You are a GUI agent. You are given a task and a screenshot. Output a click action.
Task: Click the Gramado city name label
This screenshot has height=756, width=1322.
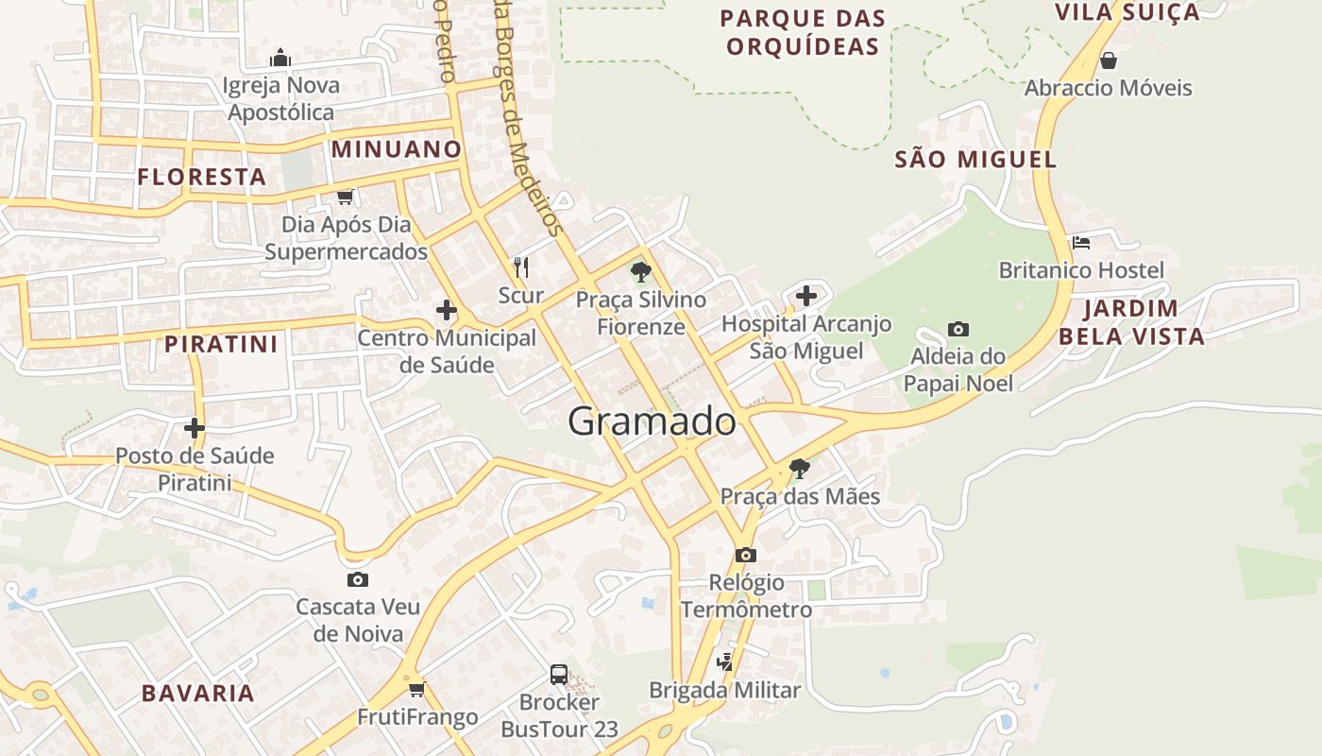point(652,421)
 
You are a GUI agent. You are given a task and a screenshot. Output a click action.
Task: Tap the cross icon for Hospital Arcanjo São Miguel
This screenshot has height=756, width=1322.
point(805,296)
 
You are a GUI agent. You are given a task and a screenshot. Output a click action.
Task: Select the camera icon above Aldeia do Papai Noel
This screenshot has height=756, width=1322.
point(958,329)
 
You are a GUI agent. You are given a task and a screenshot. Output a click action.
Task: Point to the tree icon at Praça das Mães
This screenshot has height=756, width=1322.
point(799,468)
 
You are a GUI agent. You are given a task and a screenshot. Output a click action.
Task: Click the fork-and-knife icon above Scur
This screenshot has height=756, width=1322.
point(520,267)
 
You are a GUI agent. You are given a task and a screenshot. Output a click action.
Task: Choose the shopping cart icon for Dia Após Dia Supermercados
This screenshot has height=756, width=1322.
point(346,197)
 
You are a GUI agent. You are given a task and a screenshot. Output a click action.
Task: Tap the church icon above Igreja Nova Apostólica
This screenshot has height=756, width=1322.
point(280,58)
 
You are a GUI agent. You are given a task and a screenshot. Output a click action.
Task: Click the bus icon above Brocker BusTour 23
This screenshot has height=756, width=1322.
point(559,674)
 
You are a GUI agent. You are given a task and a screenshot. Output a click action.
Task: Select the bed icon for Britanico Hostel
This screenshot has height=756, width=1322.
point(1081,243)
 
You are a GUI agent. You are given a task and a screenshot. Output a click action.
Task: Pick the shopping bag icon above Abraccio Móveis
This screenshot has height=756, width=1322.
point(1109,60)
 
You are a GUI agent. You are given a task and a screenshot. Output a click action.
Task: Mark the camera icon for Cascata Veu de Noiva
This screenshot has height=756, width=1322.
point(357,579)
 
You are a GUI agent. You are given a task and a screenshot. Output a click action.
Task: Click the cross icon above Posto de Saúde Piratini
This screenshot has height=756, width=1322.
point(195,428)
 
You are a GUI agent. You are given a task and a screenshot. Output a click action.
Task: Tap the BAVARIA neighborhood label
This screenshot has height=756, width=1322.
point(198,693)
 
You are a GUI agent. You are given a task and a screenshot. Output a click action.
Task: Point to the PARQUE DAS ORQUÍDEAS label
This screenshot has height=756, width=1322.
point(803,32)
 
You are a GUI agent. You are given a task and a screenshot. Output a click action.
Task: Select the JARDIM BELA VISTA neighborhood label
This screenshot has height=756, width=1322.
point(1131,322)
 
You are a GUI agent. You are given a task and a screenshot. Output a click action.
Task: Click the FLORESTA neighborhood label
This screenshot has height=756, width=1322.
point(202,177)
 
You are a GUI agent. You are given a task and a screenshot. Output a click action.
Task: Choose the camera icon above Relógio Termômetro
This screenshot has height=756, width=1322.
point(746,555)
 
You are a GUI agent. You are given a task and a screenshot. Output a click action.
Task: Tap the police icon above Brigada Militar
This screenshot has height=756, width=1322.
point(724,662)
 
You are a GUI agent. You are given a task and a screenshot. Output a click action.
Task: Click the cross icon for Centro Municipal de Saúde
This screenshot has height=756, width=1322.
point(446,310)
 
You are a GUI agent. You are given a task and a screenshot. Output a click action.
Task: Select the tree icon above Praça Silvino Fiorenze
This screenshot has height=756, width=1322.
point(641,273)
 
